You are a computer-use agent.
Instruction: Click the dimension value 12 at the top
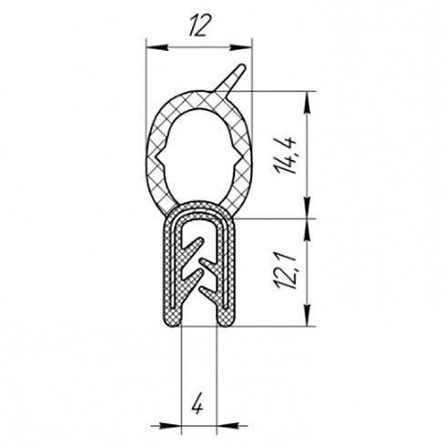pos(199,25)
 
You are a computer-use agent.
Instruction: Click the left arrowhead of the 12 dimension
pos(157,47)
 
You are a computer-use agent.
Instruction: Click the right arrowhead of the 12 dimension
pos(240,47)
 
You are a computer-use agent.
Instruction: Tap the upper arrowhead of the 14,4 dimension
pos(308,102)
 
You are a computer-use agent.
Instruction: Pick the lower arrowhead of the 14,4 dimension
pos(308,208)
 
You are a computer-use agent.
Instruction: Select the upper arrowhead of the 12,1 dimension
pos(308,229)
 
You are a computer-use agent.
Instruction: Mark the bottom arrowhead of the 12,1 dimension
pos(308,315)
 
